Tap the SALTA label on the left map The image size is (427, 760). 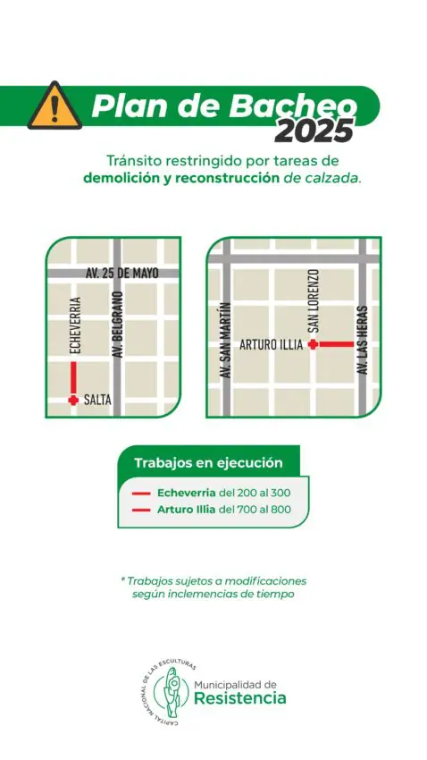(x=97, y=401)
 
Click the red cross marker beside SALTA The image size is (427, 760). (x=73, y=400)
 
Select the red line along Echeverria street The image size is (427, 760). (x=73, y=377)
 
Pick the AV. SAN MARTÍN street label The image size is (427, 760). (x=227, y=342)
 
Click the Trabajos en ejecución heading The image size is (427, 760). (x=208, y=463)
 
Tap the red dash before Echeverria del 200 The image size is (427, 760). (x=140, y=493)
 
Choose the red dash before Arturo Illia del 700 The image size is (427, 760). (x=140, y=511)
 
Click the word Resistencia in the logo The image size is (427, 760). (x=240, y=697)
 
